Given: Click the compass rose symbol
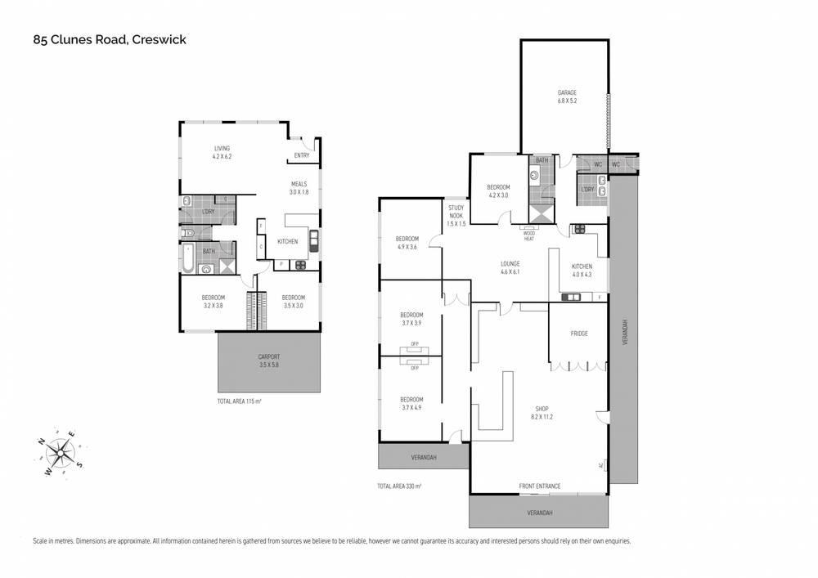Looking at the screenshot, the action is pyautogui.click(x=61, y=453).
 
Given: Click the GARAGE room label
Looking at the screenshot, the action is pyautogui.click(x=567, y=96).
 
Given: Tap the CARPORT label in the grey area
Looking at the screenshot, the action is pyautogui.click(x=268, y=361).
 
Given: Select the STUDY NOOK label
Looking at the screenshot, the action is pyautogui.click(x=456, y=216).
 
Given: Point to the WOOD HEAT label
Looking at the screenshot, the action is pyautogui.click(x=529, y=236).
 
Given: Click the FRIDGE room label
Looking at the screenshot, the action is pyautogui.click(x=579, y=334).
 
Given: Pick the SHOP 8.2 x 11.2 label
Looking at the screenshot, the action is pyautogui.click(x=542, y=413).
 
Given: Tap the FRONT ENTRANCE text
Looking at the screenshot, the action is pyautogui.click(x=539, y=486).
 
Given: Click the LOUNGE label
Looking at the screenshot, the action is pyautogui.click(x=510, y=267).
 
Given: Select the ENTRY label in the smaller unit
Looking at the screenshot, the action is pyautogui.click(x=302, y=155).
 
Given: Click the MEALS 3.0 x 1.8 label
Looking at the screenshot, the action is pyautogui.click(x=299, y=188).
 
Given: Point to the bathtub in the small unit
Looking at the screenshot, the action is pyautogui.click(x=187, y=258).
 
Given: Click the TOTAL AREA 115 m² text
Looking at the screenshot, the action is pyautogui.click(x=239, y=401).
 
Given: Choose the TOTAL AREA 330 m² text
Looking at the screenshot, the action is pyautogui.click(x=399, y=486).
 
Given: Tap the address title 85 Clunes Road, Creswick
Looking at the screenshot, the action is pyautogui.click(x=110, y=39).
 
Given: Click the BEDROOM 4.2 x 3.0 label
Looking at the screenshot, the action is pyautogui.click(x=498, y=191).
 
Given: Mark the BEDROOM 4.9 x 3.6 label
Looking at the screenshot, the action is pyautogui.click(x=407, y=243).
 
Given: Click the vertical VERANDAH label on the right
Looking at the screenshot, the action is pyautogui.click(x=625, y=332).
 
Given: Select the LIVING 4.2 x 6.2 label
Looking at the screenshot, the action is pyautogui.click(x=222, y=152).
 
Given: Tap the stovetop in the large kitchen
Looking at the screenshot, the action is pyautogui.click(x=579, y=228).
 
